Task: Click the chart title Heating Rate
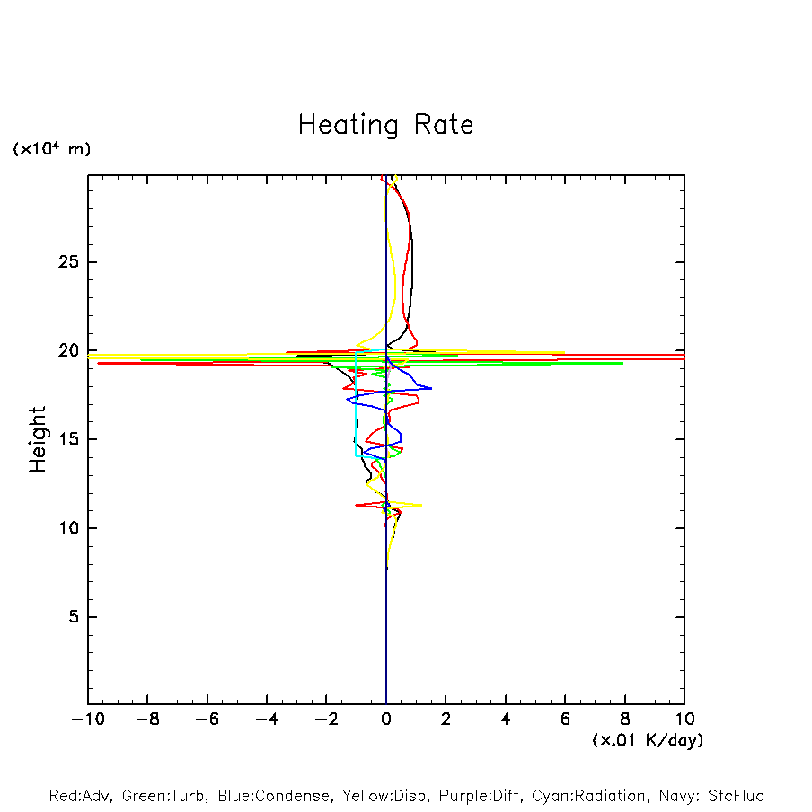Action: [385, 124]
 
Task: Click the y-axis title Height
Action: [38, 439]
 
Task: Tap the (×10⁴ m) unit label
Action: [51, 149]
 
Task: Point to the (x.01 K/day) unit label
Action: [647, 740]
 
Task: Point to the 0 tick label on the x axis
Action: [386, 719]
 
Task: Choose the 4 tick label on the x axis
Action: [506, 719]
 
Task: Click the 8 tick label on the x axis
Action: [625, 719]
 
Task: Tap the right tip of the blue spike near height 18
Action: [431, 388]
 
